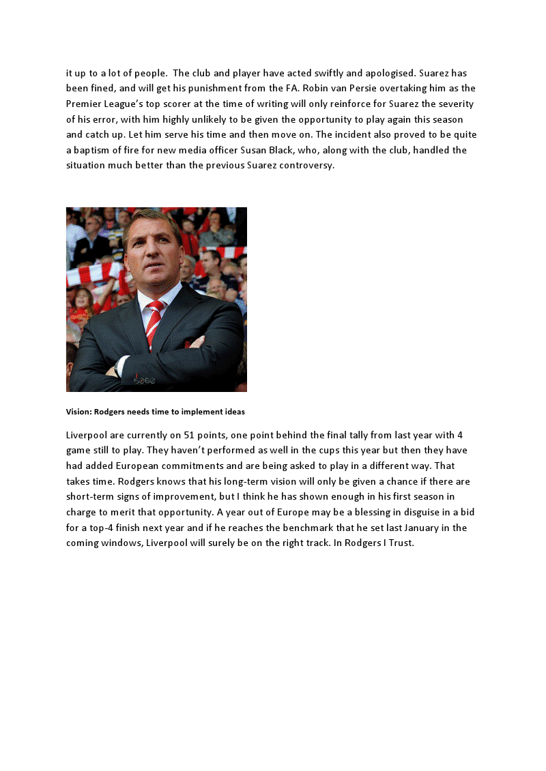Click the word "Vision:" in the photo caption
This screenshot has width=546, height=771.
click(78, 412)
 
